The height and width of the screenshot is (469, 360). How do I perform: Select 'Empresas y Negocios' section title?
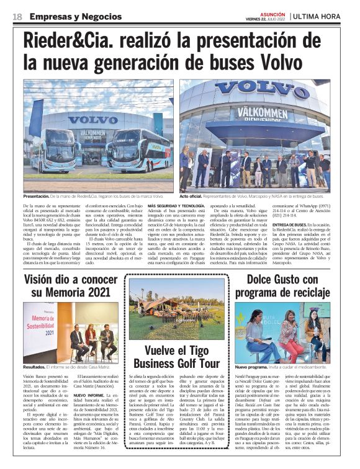pyautogui.click(x=68, y=16)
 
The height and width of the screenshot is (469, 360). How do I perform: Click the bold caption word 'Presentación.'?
pyautogui.click(x=38, y=195)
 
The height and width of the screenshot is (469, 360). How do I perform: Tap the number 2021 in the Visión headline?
pyautogui.click(x=101, y=293)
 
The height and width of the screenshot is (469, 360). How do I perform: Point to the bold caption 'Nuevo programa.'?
pyautogui.click(x=253, y=367)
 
